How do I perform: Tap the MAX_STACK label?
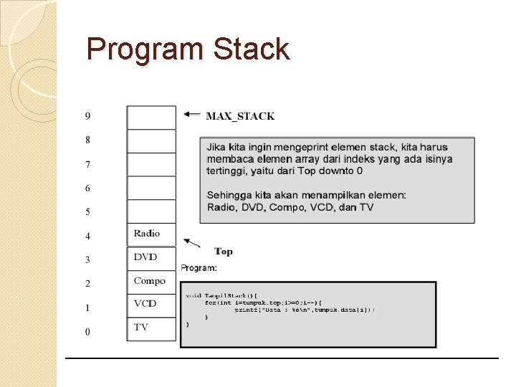pos(240,115)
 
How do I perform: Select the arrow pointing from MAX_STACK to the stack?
pos(191,113)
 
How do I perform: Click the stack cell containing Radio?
pos(151,234)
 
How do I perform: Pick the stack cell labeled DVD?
pos(151,258)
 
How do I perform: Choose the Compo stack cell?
pos(151,282)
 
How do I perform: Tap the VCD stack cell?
pos(151,305)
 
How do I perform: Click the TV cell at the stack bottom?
pos(151,328)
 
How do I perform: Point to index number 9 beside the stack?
pos(87,116)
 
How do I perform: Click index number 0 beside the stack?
pos(87,332)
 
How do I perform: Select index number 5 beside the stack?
pos(87,212)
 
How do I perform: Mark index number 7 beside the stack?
pos(87,165)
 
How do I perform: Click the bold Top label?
pos(224,252)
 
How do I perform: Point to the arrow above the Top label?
pos(191,242)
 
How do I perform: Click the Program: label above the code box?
pos(199,268)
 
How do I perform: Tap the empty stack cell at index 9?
pos(151,118)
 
